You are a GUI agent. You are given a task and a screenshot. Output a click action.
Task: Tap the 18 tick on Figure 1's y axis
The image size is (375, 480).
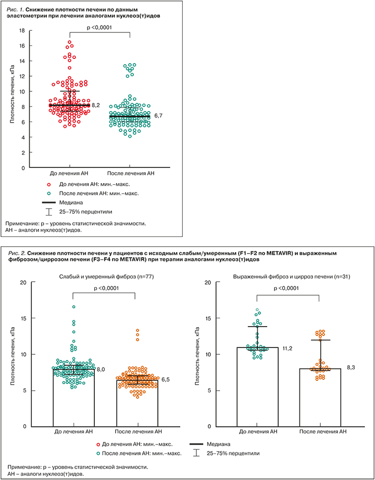pyautogui.click(x=21, y=30)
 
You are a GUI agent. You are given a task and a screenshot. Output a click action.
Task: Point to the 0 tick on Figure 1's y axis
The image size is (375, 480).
pyautogui.click(x=23, y=168)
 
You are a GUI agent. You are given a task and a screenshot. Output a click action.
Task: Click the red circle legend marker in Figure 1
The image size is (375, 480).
pyautogui.click(x=49, y=184)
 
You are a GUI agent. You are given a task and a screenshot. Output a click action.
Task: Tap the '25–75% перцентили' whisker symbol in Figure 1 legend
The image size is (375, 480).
pyautogui.click(x=49, y=211)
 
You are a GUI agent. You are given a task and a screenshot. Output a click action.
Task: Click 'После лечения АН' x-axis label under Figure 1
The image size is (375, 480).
pyautogui.click(x=131, y=173)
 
